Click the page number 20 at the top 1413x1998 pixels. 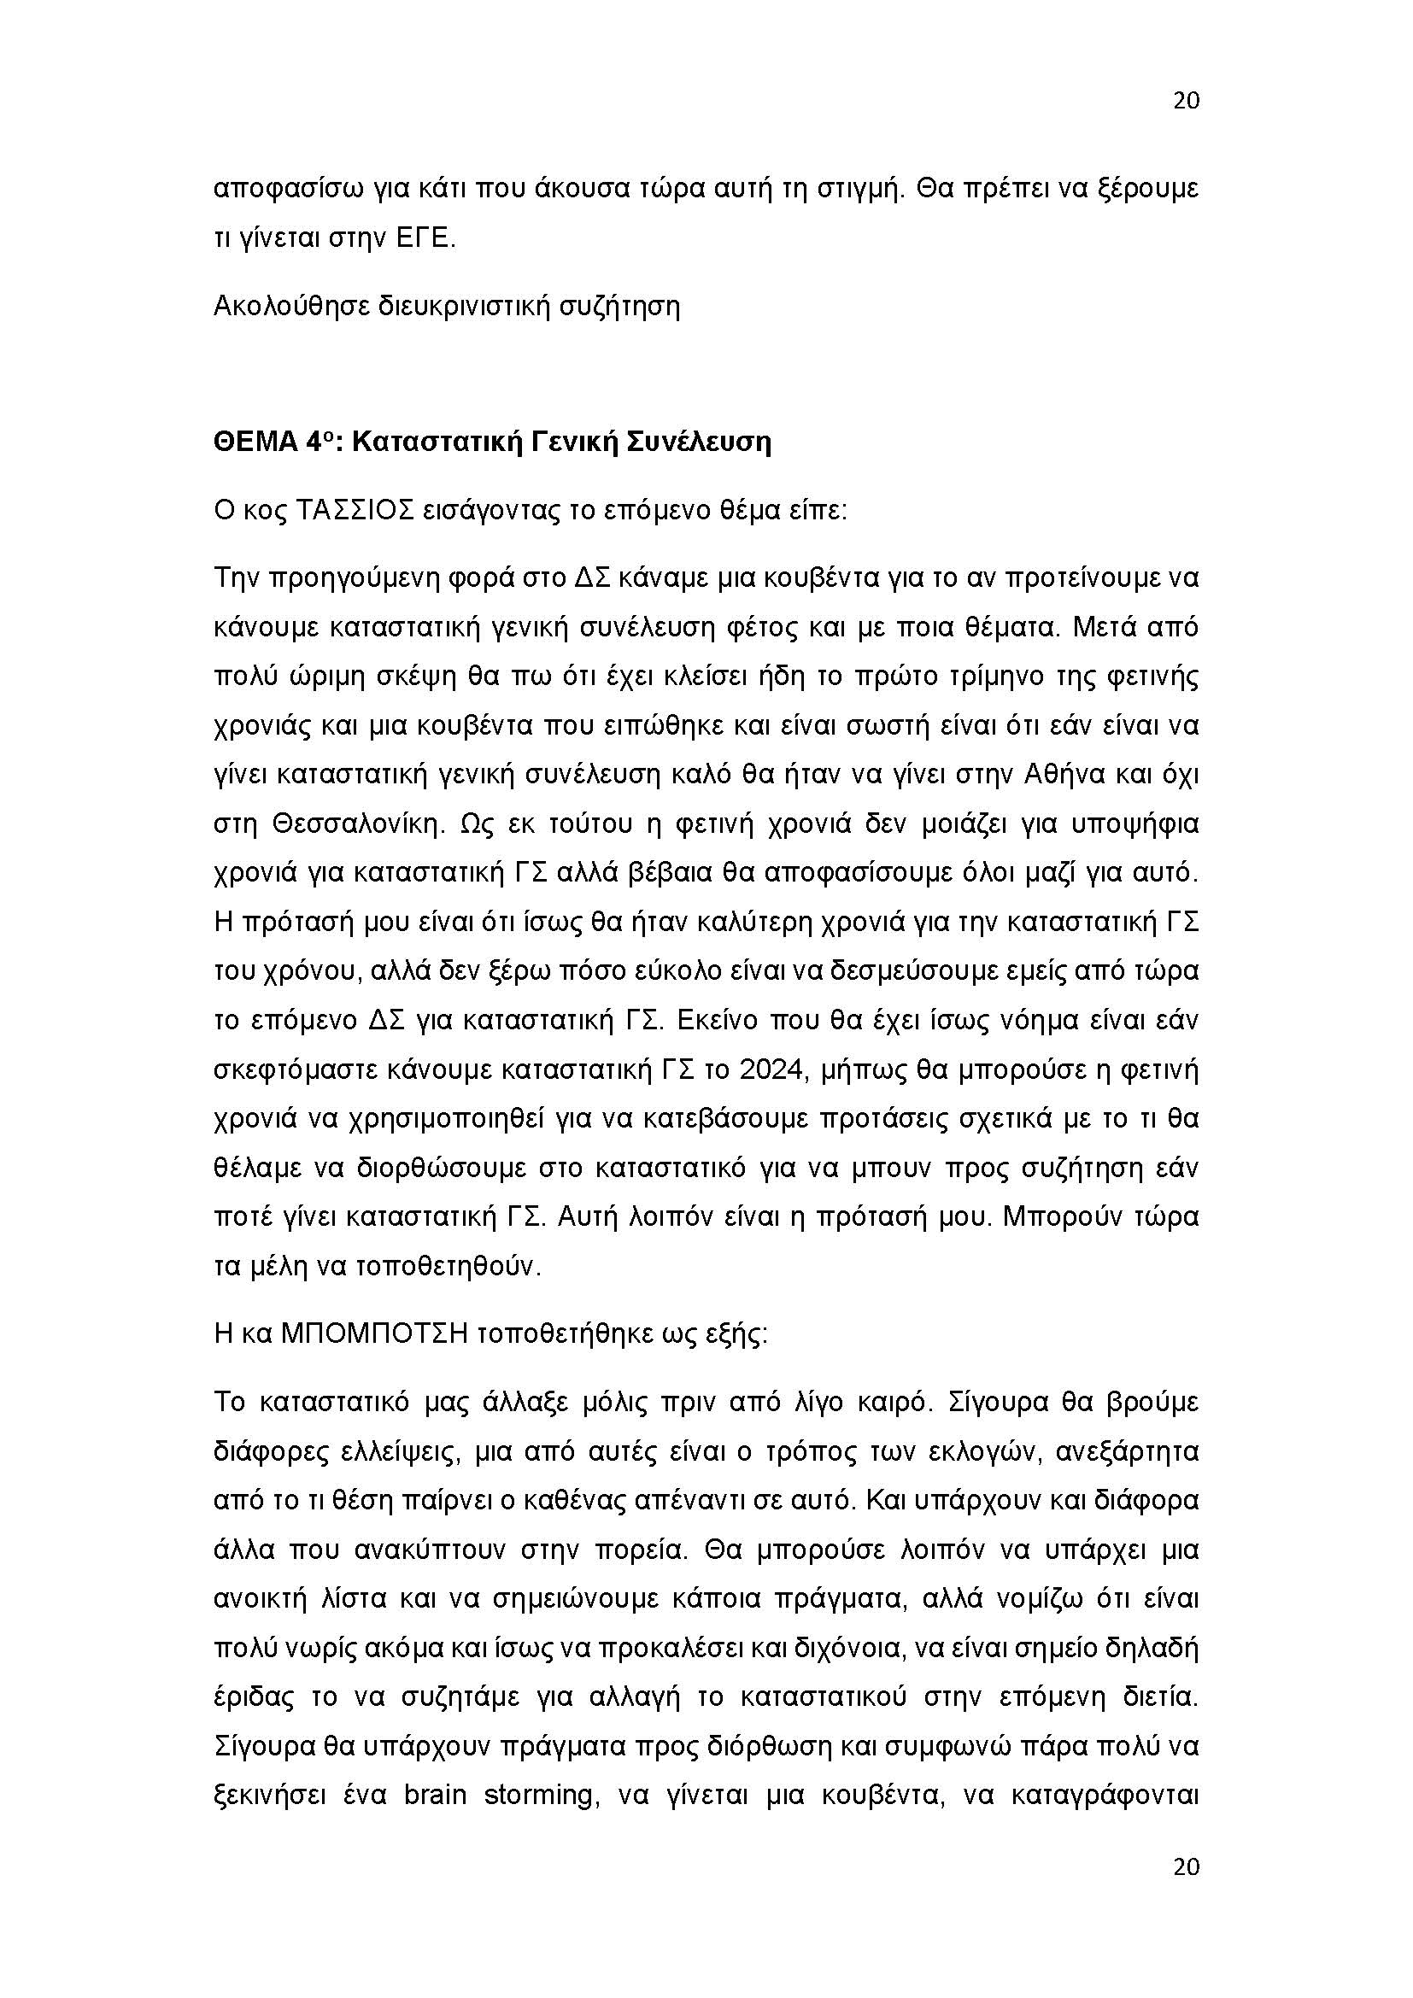tap(1186, 101)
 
